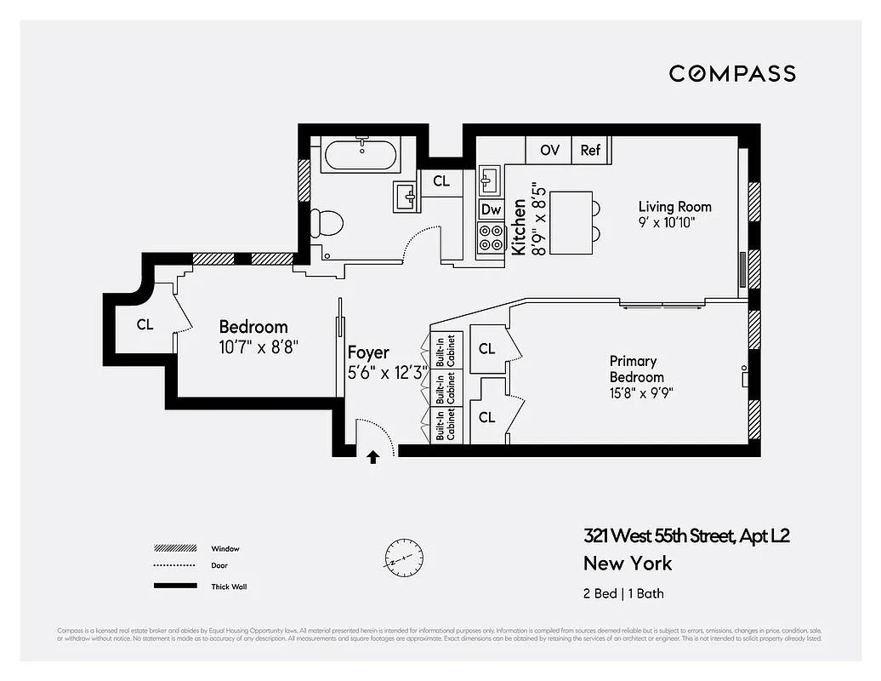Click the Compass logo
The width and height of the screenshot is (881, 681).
point(732,73)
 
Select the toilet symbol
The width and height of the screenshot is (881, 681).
point(326,223)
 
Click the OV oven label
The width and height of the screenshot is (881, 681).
point(549,150)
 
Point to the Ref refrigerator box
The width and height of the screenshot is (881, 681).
point(590,150)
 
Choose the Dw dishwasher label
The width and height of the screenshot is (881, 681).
point(491,209)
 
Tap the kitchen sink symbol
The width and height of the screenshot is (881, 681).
point(490,180)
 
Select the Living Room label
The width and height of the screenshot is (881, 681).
point(674,207)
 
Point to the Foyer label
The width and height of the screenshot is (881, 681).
point(368,352)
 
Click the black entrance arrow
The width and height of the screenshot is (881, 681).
point(372,457)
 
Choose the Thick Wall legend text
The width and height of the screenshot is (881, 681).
point(229,587)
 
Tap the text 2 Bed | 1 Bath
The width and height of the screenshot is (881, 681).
point(622,593)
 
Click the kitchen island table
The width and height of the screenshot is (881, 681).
point(571,222)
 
